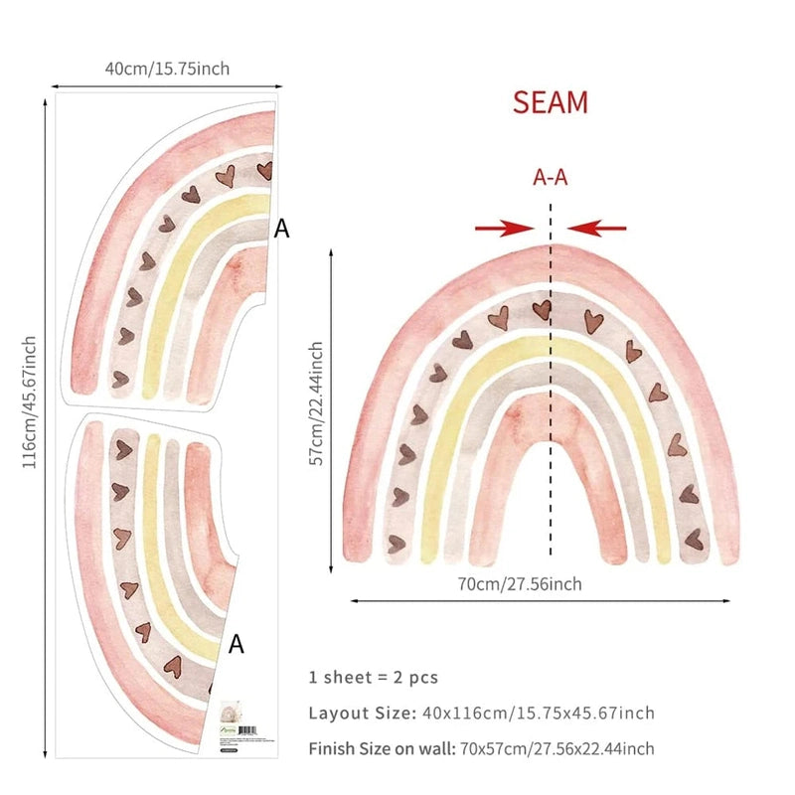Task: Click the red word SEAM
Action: coord(551,102)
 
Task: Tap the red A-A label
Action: coord(551,178)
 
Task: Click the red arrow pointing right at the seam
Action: coord(505,229)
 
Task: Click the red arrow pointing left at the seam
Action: coord(597,229)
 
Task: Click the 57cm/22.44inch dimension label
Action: coord(316,403)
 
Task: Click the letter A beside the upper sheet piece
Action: coord(282,229)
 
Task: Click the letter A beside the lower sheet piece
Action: coord(237,645)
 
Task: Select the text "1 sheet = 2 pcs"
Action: coord(373,678)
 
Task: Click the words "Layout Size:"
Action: coord(360,714)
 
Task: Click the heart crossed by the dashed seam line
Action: coord(543,310)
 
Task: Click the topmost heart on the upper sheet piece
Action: coord(264,170)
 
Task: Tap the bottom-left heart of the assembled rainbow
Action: coord(396,542)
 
